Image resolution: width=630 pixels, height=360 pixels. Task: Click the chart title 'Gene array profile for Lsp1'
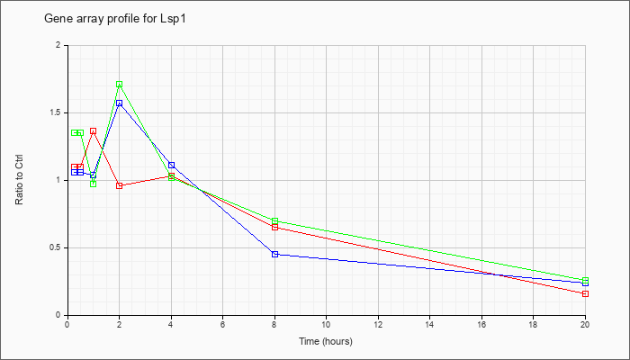click(115, 19)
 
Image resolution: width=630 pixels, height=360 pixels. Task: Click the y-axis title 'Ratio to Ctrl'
click(19, 180)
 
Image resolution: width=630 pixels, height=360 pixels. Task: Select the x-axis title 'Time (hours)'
click(326, 341)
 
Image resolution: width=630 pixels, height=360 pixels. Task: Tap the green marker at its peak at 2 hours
click(120, 85)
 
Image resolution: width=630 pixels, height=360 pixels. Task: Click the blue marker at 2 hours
click(120, 103)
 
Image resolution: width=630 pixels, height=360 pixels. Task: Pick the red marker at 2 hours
click(120, 185)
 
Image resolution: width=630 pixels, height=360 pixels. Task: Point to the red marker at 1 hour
click(94, 131)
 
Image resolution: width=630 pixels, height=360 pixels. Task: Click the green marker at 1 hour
click(94, 184)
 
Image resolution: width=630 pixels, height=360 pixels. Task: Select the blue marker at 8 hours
click(274, 255)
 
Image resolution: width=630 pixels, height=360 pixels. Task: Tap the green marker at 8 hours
click(274, 221)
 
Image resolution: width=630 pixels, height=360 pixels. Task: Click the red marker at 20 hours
click(585, 293)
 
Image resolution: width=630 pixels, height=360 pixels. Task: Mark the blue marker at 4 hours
click(172, 165)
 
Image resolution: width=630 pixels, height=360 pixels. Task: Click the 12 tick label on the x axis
click(378, 324)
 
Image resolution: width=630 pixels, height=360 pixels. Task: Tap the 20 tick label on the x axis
click(585, 324)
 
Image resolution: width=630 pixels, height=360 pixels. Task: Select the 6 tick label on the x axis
click(223, 324)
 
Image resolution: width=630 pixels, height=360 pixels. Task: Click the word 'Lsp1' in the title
click(175, 19)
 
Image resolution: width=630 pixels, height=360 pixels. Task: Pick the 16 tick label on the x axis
click(481, 324)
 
